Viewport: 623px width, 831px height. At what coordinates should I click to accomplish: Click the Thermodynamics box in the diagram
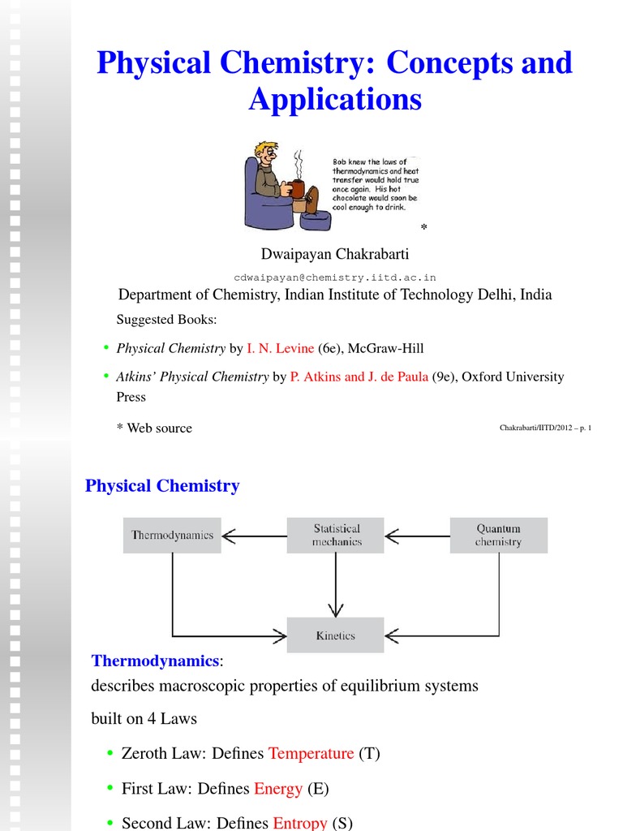click(172, 536)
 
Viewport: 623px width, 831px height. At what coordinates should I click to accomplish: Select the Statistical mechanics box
click(336, 536)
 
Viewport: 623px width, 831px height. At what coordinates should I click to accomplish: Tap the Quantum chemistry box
click(498, 536)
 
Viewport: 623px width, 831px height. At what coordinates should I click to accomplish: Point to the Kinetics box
click(336, 635)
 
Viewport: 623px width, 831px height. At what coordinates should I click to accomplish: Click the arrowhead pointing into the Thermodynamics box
click(229, 536)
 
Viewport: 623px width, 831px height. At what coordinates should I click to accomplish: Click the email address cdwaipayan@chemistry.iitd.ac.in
click(335, 277)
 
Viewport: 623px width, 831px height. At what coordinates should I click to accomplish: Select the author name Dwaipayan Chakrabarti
click(335, 255)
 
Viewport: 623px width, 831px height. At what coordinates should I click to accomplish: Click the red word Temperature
click(311, 753)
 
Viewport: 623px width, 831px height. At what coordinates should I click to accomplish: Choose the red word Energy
click(278, 788)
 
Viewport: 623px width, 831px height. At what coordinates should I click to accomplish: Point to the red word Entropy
click(300, 823)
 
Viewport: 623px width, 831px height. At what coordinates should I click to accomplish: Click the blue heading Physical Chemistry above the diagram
click(162, 486)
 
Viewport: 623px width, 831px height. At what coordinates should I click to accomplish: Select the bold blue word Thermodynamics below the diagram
click(155, 661)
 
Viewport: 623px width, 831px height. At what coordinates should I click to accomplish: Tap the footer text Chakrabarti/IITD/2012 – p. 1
click(544, 428)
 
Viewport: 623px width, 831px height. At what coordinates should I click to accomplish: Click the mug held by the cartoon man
click(297, 188)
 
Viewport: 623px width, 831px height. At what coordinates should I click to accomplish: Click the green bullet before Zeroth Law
click(110, 753)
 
